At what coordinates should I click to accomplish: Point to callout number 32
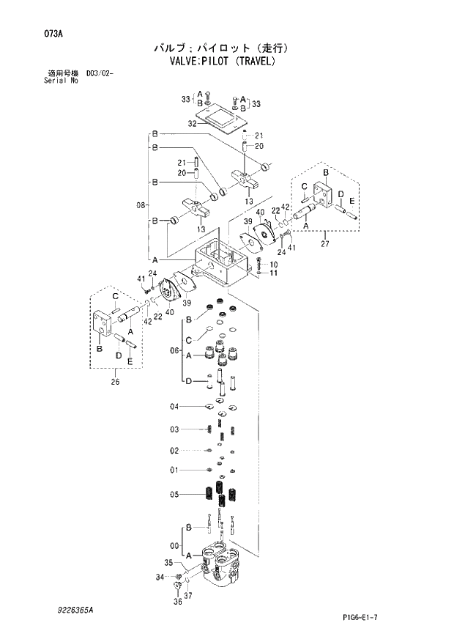pos(193,125)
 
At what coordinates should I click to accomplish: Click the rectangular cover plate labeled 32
pos(220,117)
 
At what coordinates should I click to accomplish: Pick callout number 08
pos(141,205)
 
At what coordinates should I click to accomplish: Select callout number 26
pos(116,380)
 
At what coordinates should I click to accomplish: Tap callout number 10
pos(273,265)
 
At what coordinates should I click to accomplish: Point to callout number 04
pos(174,407)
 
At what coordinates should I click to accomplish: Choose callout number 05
pos(174,495)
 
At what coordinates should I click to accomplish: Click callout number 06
pos(174,351)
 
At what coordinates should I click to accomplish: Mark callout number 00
pos(174,545)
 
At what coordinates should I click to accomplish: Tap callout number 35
pos(168,563)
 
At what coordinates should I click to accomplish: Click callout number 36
pos(177,602)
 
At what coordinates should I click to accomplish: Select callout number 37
pos(189,596)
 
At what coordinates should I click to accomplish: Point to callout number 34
pos(160,577)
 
